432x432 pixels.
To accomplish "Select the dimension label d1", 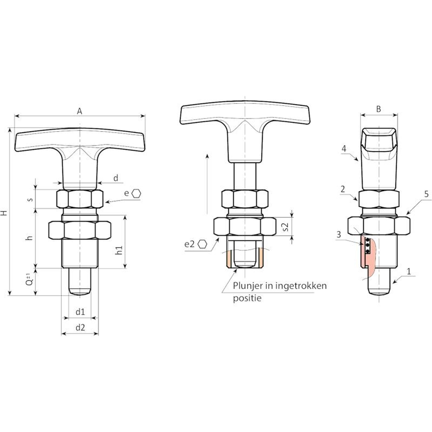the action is pyautogui.click(x=80, y=312).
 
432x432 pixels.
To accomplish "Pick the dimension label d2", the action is pyautogui.click(x=80, y=328).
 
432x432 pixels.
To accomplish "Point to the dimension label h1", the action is pyautogui.click(x=119, y=250).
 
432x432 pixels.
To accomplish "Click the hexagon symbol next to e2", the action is pyautogui.click(x=202, y=244).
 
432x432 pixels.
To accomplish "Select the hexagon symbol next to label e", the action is pyautogui.click(x=137, y=193).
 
